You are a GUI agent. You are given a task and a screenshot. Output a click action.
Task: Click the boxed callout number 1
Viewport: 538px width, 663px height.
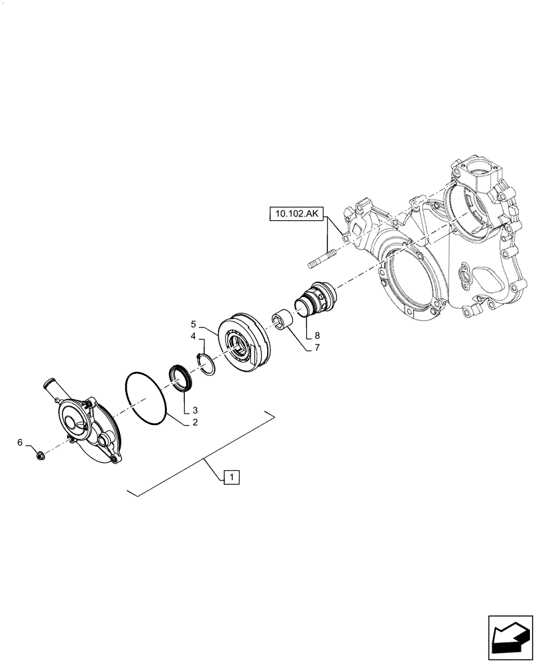pyautogui.click(x=231, y=476)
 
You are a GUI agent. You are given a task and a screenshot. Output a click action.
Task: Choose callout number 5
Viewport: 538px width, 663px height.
pyautogui.click(x=20, y=442)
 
